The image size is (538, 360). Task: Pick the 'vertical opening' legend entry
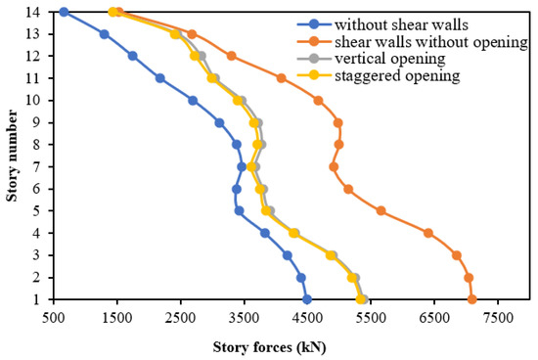tap(380, 59)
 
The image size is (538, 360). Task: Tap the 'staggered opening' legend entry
tap(384, 76)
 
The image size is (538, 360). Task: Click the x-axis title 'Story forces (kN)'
tap(269, 347)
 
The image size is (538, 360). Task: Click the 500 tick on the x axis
tap(54, 318)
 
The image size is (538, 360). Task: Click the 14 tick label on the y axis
tap(35, 12)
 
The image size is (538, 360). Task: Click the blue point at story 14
tap(64, 12)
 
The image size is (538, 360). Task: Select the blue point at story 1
tap(307, 299)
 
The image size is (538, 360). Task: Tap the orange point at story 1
tap(472, 299)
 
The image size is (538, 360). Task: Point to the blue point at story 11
tap(159, 77)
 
